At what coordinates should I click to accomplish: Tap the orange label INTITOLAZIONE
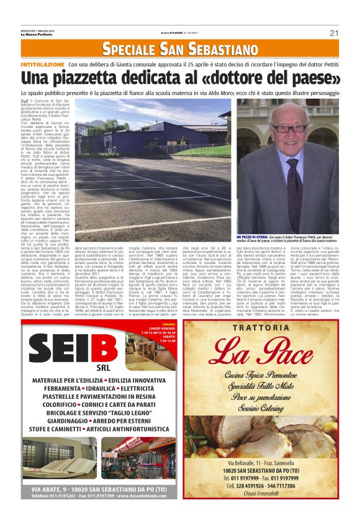[x=42, y=65]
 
